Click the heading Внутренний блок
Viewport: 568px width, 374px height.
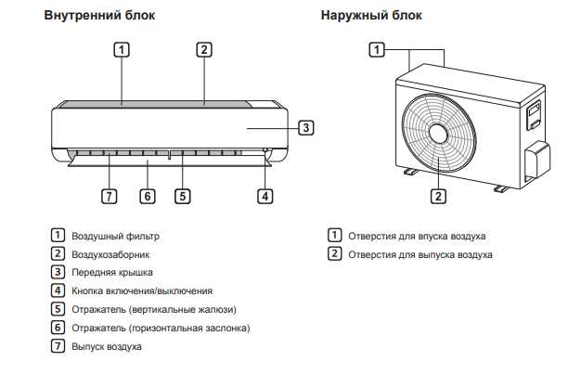tap(100, 16)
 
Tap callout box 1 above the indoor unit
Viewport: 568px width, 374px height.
tap(122, 49)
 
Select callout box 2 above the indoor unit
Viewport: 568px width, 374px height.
tap(205, 49)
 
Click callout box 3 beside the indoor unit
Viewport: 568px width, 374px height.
tap(306, 128)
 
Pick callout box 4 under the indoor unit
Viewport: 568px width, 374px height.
tap(265, 196)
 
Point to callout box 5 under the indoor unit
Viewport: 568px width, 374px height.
tap(183, 196)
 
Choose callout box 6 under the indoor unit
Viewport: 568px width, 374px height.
tap(147, 196)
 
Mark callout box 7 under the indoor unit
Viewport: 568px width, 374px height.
tap(110, 196)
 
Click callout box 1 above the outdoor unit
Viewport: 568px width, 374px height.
tap(377, 49)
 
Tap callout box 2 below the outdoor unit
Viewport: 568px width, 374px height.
tap(438, 196)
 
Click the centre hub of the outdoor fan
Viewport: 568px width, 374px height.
tap(437, 133)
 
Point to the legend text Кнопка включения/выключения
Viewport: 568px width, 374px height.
tap(142, 291)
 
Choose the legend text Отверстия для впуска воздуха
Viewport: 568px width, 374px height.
tap(417, 237)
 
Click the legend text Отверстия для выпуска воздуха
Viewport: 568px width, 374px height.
tap(420, 254)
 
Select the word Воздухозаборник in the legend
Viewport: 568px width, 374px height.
tap(110, 254)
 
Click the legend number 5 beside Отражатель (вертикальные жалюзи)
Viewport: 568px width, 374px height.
tap(58, 310)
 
